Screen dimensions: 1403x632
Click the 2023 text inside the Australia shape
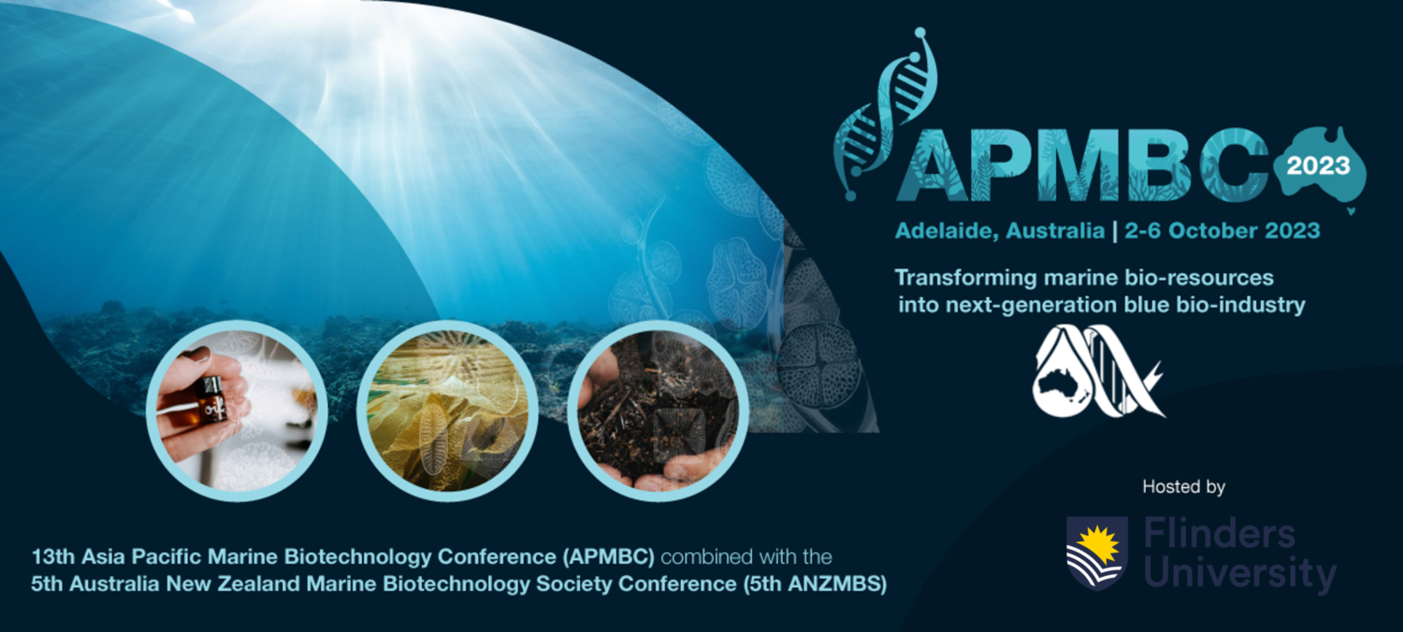(1318, 165)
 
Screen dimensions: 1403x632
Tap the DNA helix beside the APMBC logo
(885, 113)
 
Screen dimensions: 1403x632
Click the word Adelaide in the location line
(943, 232)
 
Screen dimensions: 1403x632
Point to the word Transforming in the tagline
(966, 278)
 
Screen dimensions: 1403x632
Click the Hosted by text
(1183, 487)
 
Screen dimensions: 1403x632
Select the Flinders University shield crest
(1097, 553)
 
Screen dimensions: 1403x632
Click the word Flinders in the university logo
(1220, 534)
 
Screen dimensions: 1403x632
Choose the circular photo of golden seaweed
(447, 411)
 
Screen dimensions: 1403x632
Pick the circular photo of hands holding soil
(658, 411)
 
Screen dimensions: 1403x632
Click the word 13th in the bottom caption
(53, 556)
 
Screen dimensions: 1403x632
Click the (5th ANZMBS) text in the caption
(815, 583)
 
